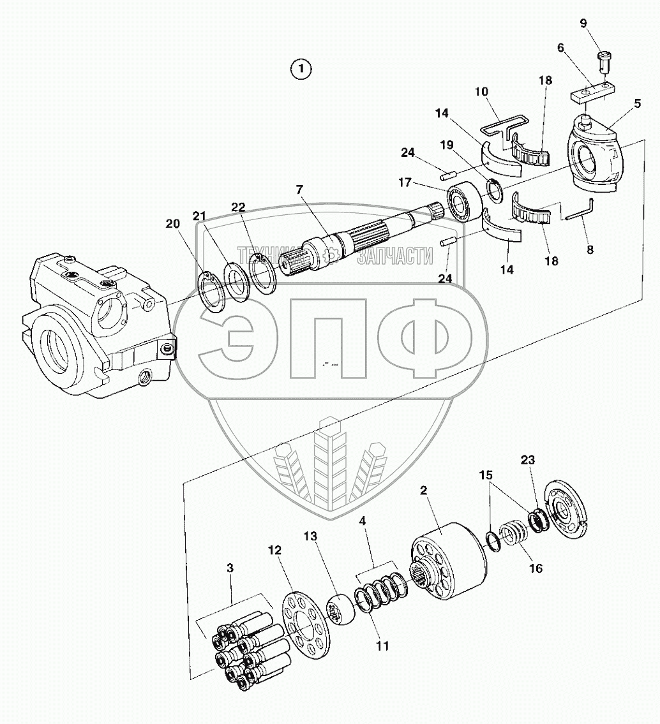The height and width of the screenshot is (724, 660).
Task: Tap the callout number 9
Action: click(583, 24)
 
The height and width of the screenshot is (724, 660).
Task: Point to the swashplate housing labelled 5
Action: click(594, 153)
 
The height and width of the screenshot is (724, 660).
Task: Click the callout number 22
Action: click(238, 207)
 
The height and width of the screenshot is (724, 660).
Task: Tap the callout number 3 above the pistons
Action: click(230, 567)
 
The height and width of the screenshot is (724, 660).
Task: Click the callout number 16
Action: click(536, 568)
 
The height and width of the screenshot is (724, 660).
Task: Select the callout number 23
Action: click(528, 459)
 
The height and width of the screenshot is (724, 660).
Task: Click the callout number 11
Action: click(382, 646)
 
